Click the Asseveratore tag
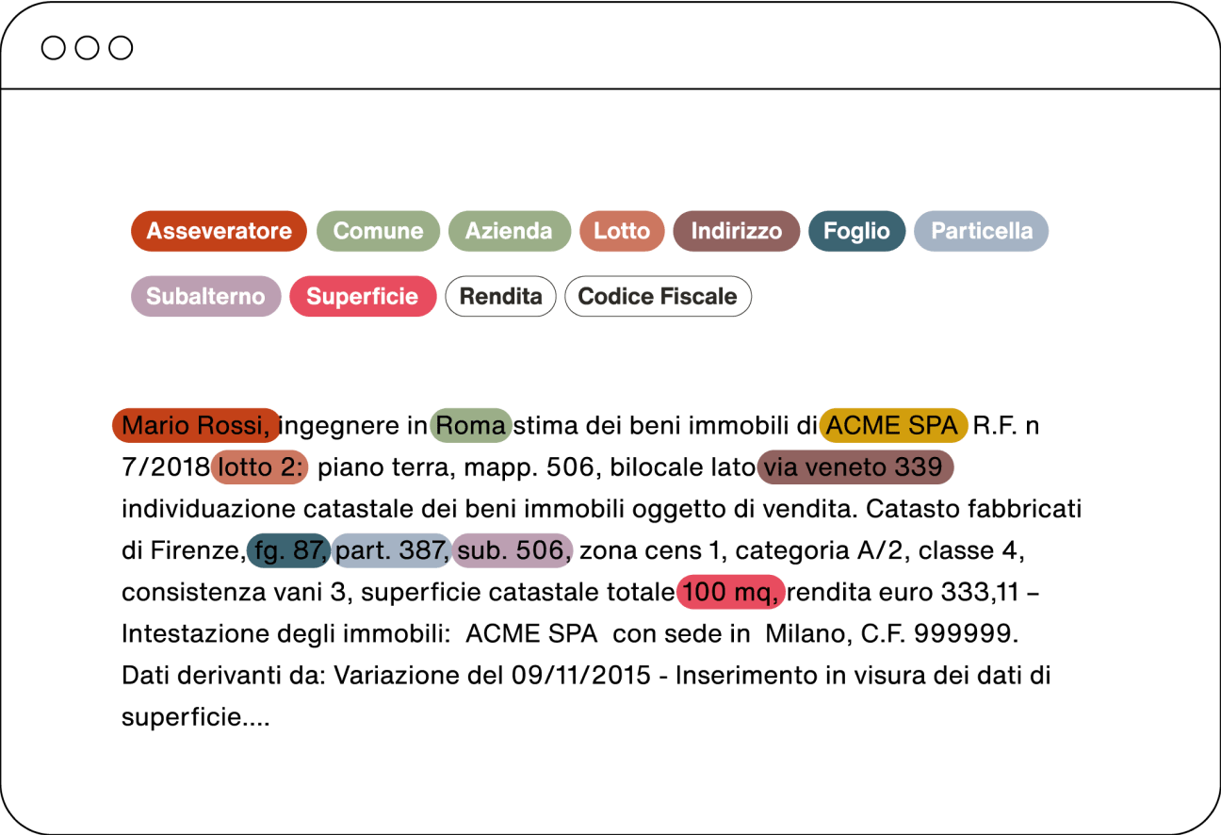[219, 231]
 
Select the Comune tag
[378, 231]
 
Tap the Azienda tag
[509, 231]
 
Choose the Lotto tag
[622, 231]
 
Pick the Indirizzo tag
[736, 231]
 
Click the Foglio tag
[856, 231]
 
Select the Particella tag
[981, 231]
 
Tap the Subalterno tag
[205, 296]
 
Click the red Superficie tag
[363, 296]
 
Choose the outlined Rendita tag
[500, 296]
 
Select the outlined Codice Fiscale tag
[658, 296]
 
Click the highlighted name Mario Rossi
[196, 426]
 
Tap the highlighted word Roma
[471, 426]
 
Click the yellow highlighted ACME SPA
[893, 426]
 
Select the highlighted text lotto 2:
[260, 467]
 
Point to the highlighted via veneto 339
[854, 467]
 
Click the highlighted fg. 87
[288, 551]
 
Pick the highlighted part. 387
[391, 551]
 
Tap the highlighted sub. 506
[513, 551]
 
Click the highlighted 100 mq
[730, 593]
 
